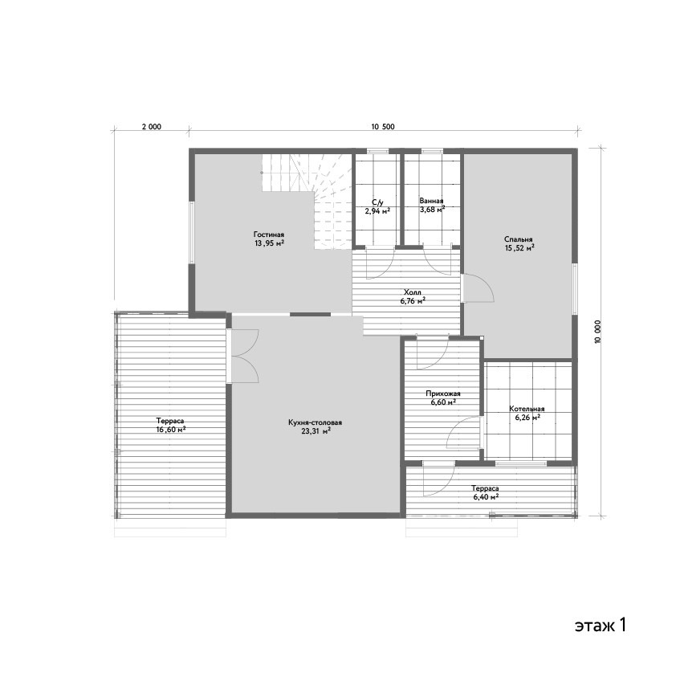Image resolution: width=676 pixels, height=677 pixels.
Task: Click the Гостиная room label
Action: (x=268, y=235)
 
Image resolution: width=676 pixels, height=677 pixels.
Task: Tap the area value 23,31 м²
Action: (x=316, y=431)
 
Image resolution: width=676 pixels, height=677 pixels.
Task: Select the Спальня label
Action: (x=518, y=239)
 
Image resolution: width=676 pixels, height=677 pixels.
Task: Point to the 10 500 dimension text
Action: (x=383, y=127)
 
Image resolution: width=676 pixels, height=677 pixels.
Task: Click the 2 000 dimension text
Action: (x=152, y=127)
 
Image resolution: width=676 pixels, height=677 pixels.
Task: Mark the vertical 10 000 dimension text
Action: (x=597, y=332)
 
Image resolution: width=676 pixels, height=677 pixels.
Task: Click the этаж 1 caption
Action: (x=600, y=625)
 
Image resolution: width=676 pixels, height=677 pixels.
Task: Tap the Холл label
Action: (x=412, y=292)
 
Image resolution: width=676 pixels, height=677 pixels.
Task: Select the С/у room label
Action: (x=377, y=202)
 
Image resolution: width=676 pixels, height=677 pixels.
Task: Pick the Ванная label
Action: (x=431, y=201)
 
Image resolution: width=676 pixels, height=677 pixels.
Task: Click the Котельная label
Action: (x=527, y=409)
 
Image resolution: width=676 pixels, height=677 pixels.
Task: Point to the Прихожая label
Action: (x=443, y=394)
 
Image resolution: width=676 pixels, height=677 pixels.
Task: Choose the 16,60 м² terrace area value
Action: (x=171, y=429)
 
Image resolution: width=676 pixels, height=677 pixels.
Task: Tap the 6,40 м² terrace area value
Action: (x=486, y=497)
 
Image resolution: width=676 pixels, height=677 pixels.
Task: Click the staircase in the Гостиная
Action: (x=307, y=201)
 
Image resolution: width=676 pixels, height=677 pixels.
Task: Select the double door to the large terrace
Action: (x=243, y=356)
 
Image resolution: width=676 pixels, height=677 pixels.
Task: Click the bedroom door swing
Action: (x=478, y=288)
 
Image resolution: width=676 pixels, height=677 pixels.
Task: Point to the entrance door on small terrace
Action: (x=438, y=479)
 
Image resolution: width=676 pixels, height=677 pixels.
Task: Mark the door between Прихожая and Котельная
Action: (x=464, y=433)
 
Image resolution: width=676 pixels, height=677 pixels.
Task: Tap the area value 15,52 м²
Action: (x=519, y=248)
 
